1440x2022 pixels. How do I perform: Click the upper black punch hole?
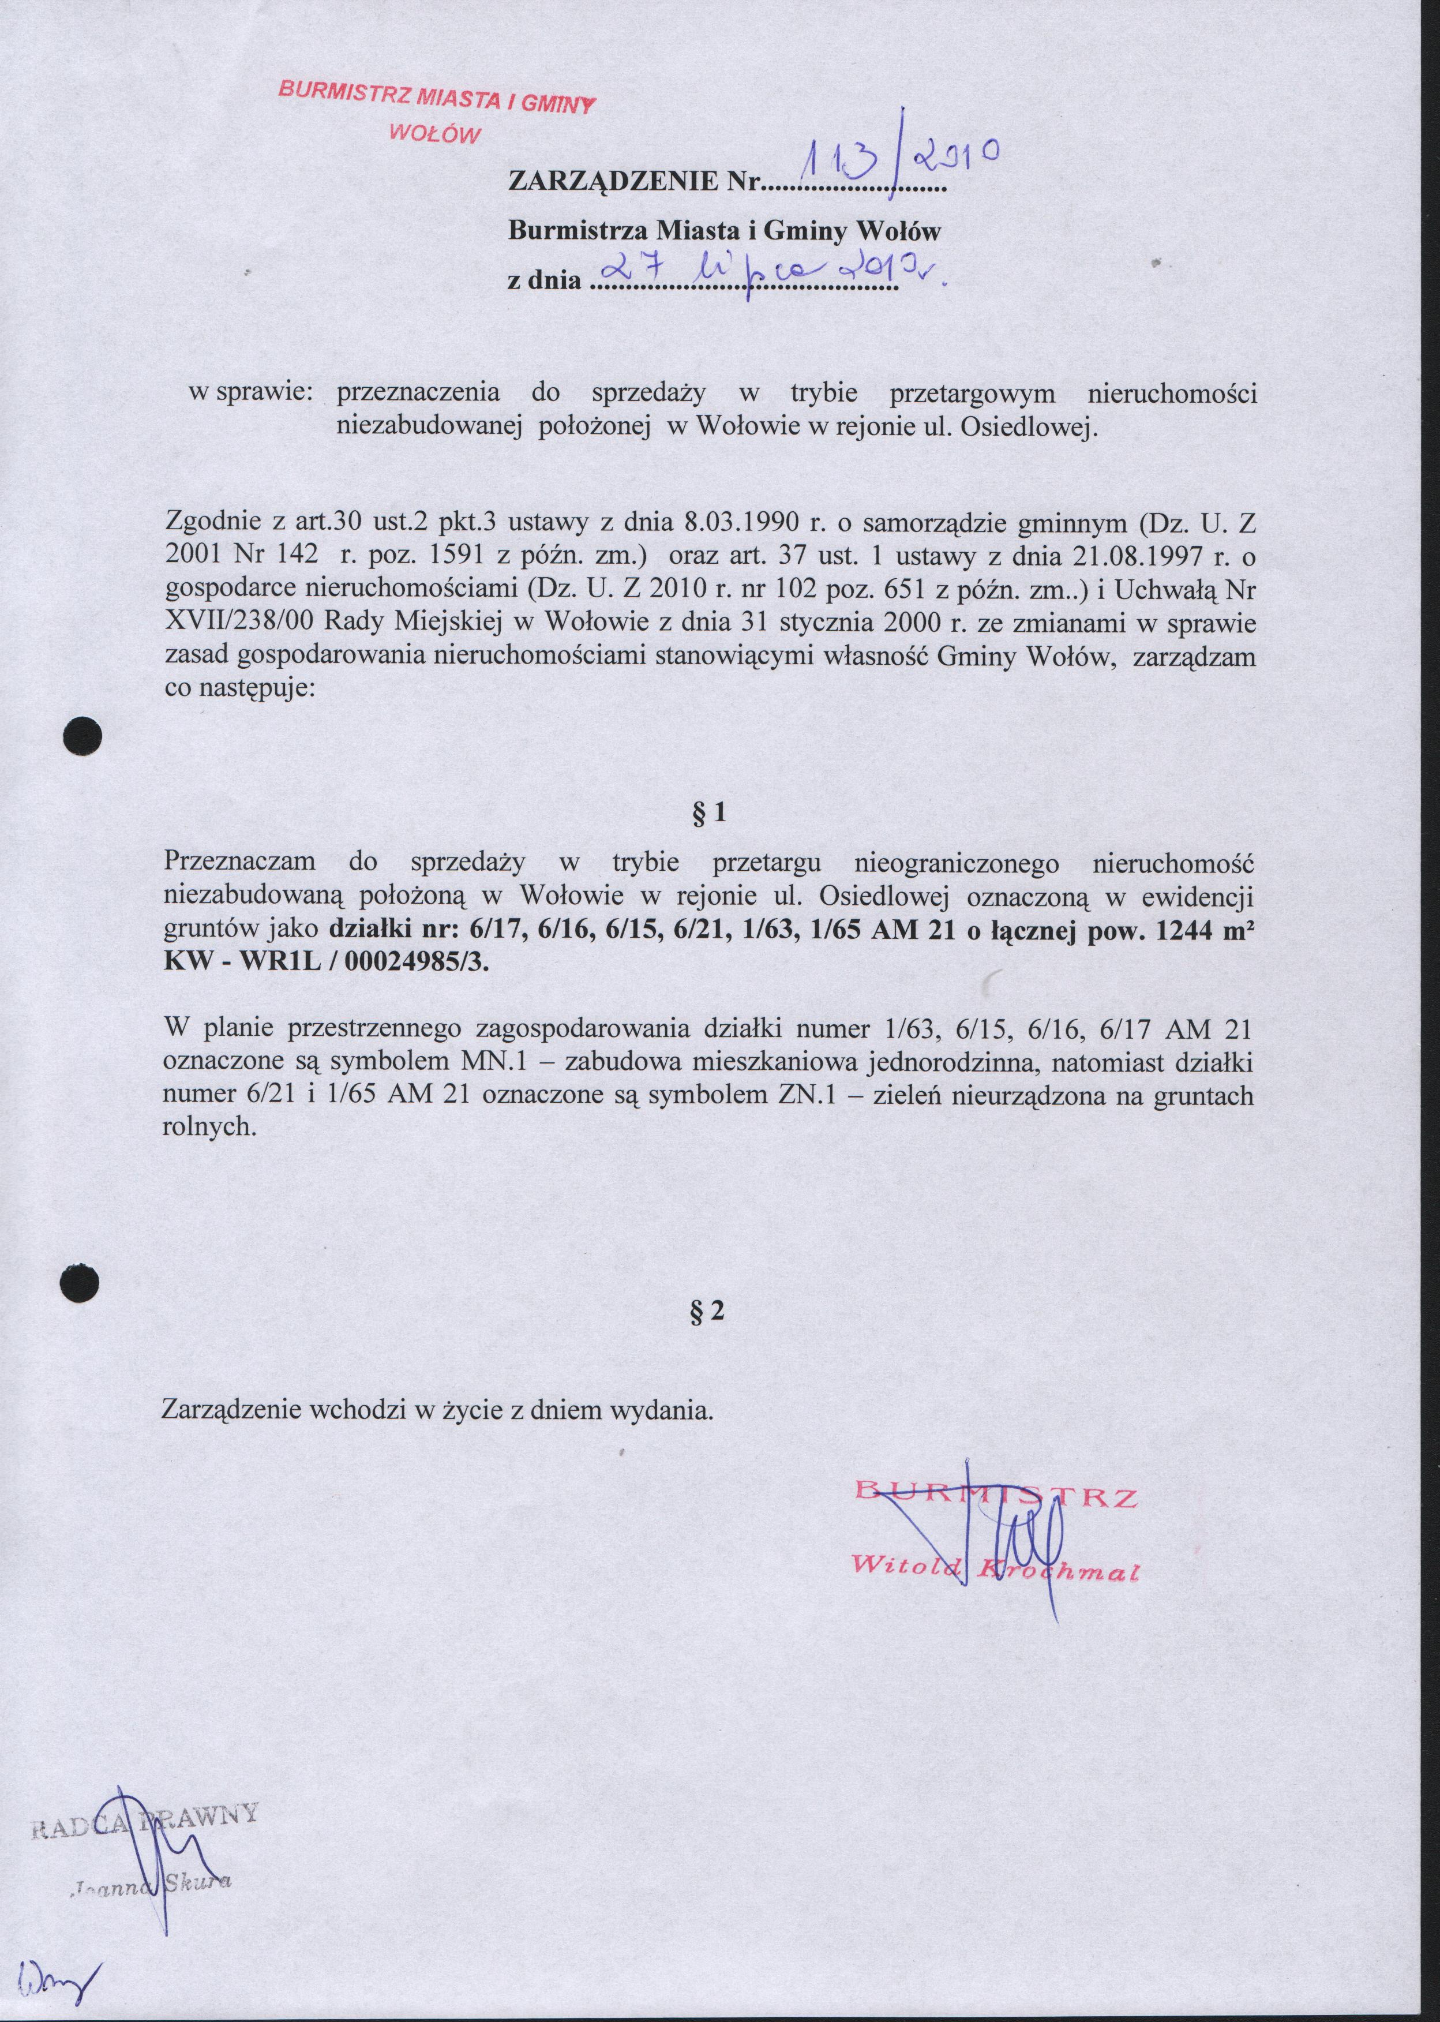86,735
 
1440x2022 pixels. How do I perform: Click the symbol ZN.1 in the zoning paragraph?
807,1094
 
